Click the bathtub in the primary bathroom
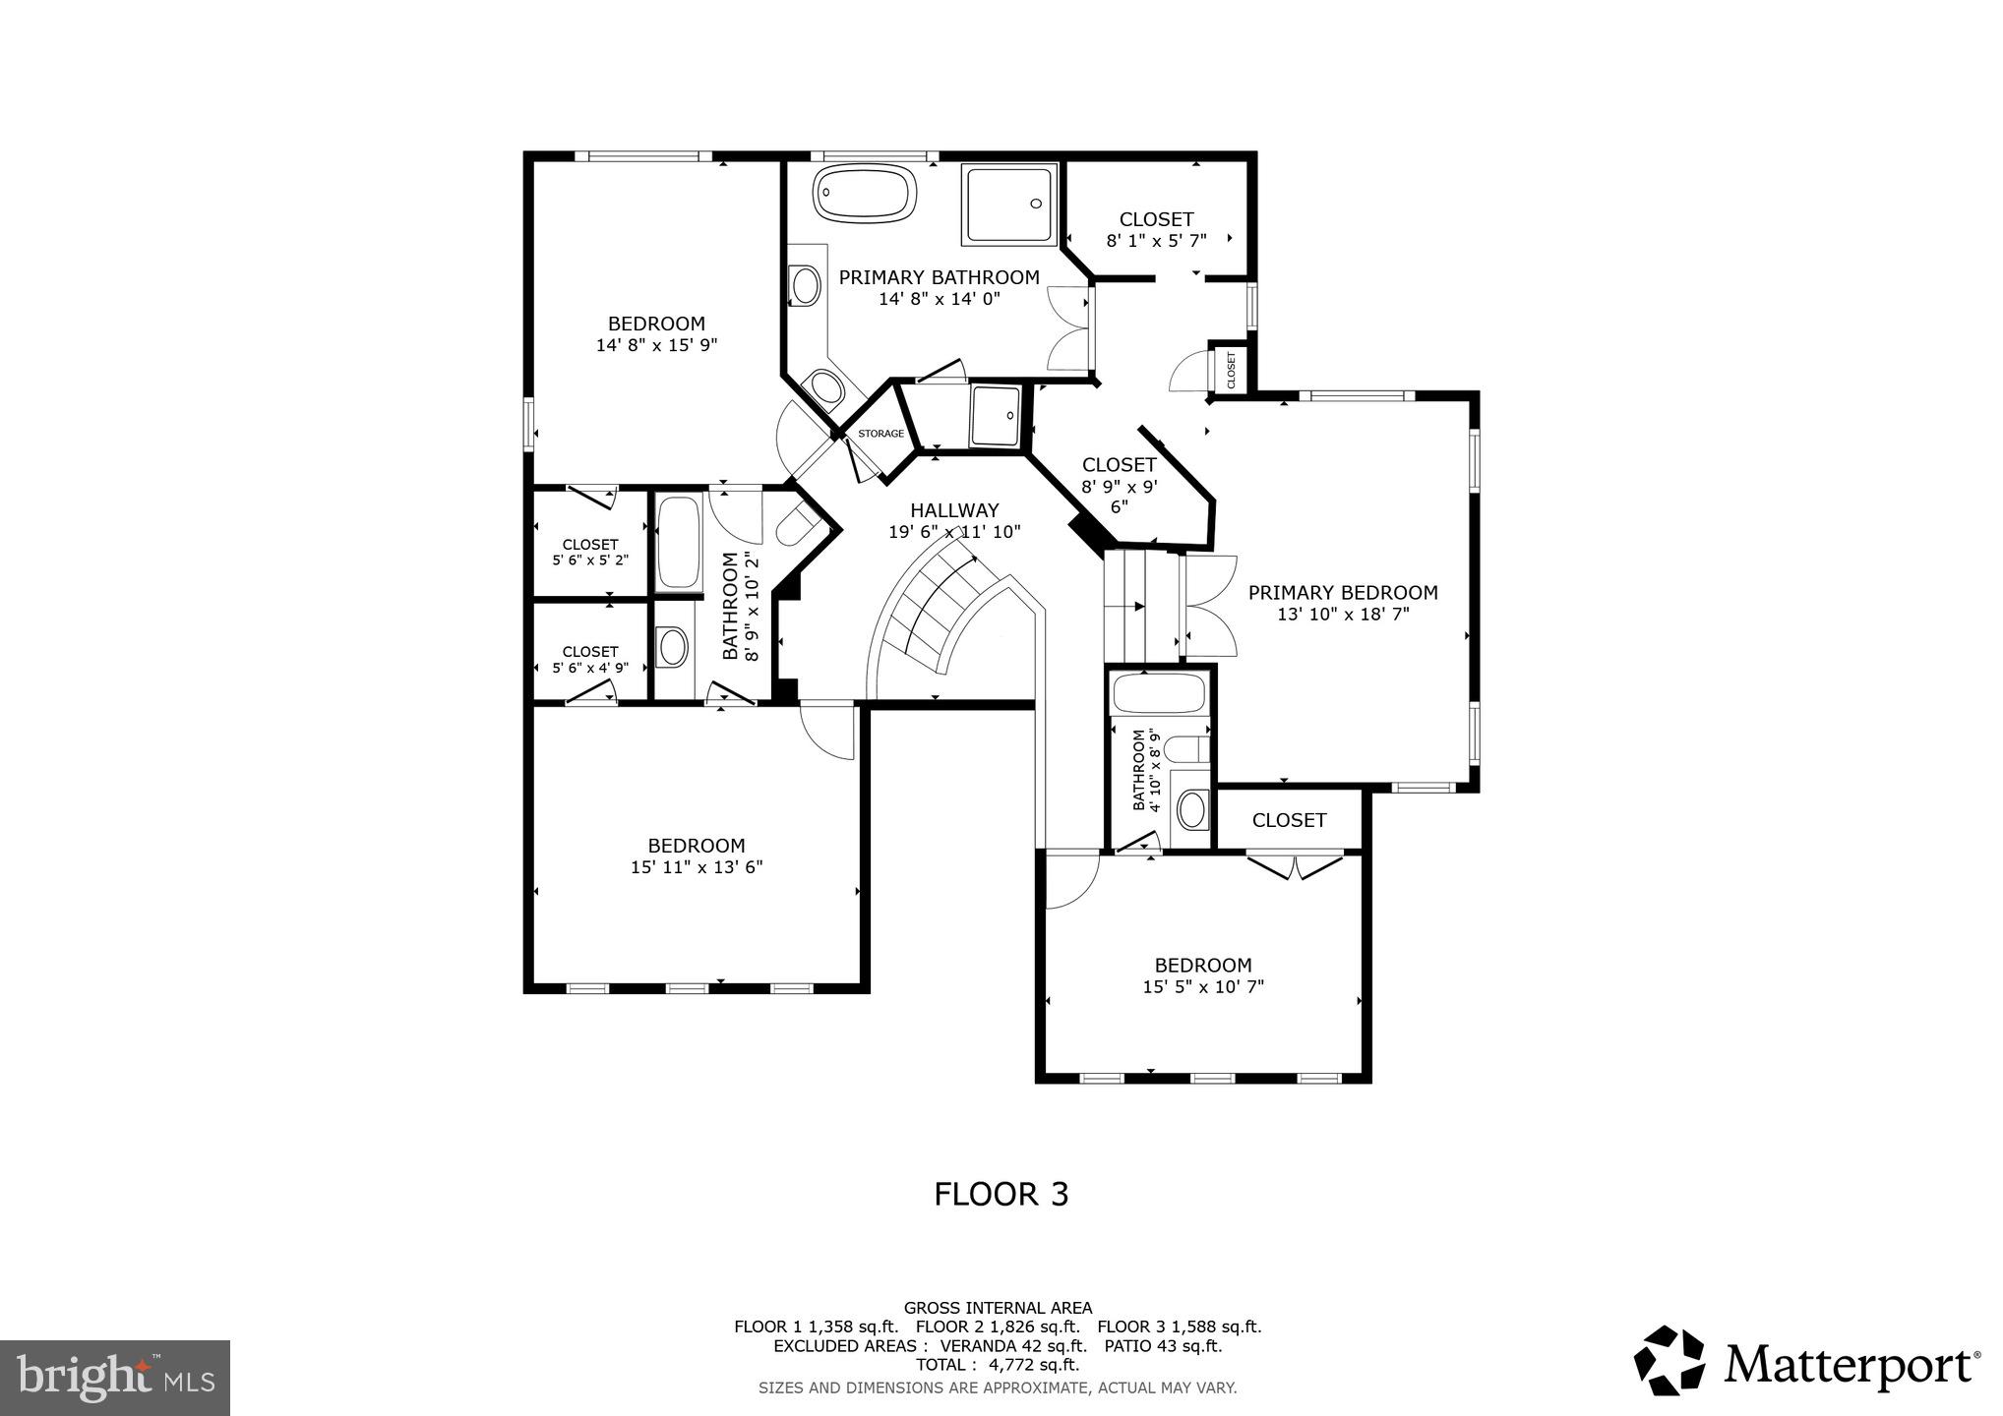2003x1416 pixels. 866,195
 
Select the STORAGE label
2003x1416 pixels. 880,434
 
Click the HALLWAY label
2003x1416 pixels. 954,510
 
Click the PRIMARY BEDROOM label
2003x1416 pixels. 1343,593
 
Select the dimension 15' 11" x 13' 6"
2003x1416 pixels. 697,867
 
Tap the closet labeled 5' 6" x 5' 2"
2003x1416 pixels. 590,552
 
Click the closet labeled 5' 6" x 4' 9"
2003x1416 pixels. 590,659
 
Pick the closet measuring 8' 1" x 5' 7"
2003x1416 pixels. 1156,228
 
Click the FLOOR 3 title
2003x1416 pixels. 1001,1194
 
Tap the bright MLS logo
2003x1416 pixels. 115,1378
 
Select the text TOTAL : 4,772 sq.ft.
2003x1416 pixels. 998,1365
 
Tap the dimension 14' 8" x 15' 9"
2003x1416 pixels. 656,345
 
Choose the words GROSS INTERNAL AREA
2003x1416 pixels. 998,1308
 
